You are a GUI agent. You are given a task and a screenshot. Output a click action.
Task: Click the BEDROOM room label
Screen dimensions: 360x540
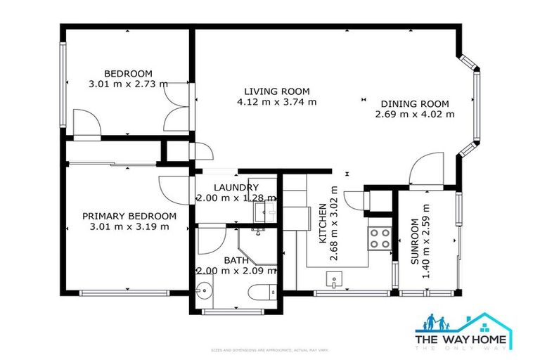pyautogui.click(x=128, y=74)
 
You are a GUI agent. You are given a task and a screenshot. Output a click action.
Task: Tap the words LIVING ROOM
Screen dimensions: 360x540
pyautogui.click(x=276, y=91)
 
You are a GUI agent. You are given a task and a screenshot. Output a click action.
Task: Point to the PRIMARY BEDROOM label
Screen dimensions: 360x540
pyautogui.click(x=129, y=216)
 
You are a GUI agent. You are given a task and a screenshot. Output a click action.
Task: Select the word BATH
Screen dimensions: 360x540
pyautogui.click(x=236, y=260)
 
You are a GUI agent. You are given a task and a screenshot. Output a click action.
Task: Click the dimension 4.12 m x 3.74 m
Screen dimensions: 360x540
pyautogui.click(x=276, y=102)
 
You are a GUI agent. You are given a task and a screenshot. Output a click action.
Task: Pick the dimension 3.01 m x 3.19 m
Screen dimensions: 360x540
pyautogui.click(x=129, y=226)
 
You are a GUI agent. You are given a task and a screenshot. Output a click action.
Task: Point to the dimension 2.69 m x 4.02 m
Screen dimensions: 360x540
pyautogui.click(x=415, y=113)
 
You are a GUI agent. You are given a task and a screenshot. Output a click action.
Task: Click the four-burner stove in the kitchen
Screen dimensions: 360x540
pyautogui.click(x=380, y=238)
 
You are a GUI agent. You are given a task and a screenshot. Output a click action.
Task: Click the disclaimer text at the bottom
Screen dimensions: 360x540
pyautogui.click(x=270, y=349)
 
